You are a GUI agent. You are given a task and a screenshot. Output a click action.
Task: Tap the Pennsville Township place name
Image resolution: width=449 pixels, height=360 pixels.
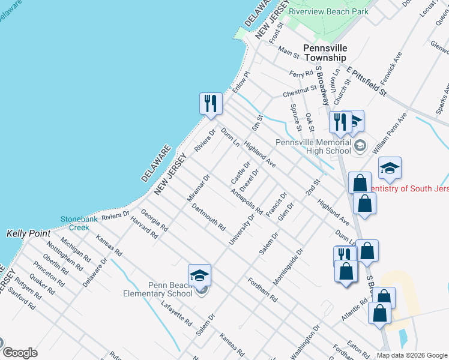point(325,53)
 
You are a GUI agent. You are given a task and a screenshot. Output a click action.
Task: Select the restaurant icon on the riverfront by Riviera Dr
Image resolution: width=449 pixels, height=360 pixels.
point(211,104)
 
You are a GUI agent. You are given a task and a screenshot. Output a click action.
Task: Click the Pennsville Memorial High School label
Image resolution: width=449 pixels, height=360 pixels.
point(313,146)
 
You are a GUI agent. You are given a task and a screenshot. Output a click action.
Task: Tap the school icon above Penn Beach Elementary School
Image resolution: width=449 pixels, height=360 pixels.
point(199,275)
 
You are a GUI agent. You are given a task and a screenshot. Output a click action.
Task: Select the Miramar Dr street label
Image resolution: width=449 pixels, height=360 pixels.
point(198,187)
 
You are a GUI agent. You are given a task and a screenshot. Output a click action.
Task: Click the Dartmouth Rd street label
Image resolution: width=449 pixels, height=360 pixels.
point(208,218)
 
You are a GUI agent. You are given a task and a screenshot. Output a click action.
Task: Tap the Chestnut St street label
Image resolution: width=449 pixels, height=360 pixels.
point(300,91)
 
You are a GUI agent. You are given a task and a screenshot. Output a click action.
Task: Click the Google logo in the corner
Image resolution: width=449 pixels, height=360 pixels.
point(20,353)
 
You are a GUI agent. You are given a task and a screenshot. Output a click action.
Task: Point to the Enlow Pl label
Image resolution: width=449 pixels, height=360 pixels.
point(240,81)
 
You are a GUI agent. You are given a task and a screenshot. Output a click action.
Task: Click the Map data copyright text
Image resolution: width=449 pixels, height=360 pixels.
point(412,355)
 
